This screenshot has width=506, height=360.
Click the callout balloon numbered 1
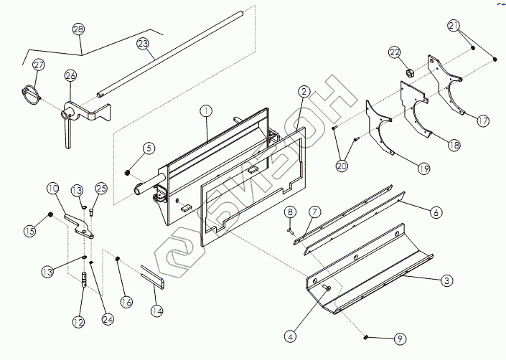coord(206,111)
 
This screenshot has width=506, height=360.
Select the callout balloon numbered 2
coord(304,92)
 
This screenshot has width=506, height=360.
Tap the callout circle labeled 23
coord(143,44)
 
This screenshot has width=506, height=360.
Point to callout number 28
coord(78,29)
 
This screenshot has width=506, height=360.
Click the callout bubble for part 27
coord(38,65)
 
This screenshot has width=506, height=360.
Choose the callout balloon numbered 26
coord(70,75)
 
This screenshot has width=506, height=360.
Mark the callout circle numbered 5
coord(149,148)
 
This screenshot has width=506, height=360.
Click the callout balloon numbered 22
coord(395,52)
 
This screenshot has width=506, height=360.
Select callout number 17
coord(483,121)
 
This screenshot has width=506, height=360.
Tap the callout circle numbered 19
coord(423,169)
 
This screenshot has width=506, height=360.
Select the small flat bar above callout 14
coord(153,277)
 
